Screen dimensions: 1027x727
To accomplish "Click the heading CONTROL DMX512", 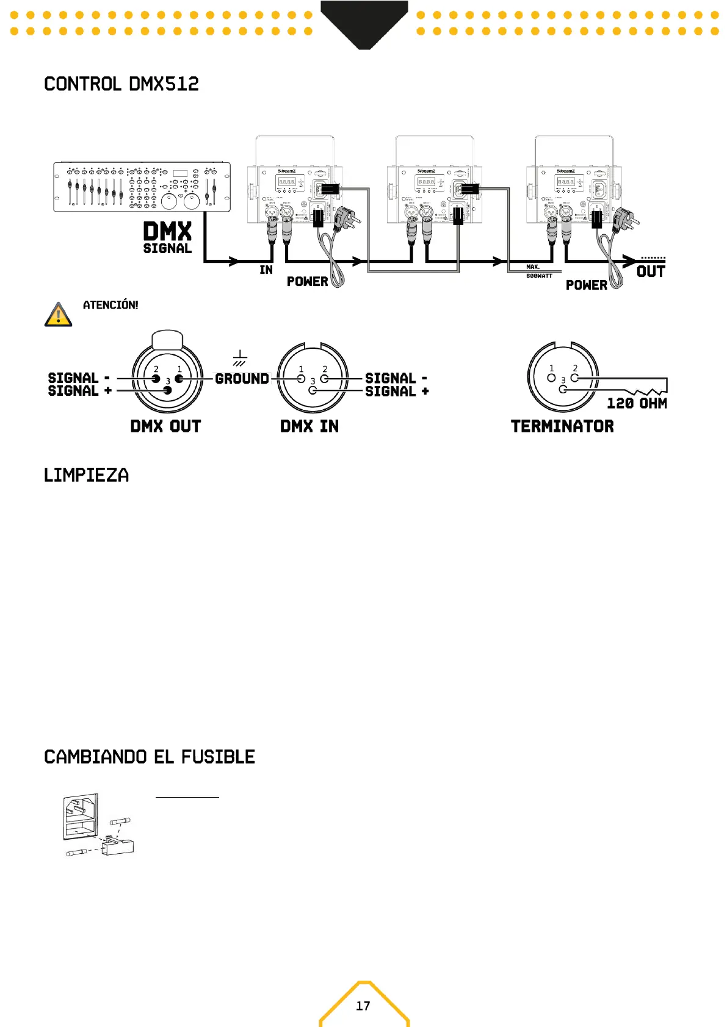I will click(121, 84).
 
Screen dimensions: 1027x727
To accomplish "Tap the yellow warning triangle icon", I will click(58, 315).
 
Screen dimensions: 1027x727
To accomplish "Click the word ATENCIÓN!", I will click(110, 305).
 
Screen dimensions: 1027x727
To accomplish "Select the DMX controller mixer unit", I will click(142, 187).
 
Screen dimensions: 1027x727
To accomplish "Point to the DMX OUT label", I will click(165, 426).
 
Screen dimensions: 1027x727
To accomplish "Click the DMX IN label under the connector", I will click(309, 426).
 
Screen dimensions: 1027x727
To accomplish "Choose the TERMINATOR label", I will click(562, 426).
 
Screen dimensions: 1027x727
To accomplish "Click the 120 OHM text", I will click(637, 403).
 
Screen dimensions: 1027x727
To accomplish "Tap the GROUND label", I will click(242, 379).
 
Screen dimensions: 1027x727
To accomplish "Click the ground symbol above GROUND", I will click(240, 358).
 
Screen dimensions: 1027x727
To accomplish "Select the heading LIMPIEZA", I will click(86, 475).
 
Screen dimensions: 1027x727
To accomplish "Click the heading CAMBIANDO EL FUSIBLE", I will click(150, 757).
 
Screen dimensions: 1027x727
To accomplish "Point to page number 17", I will click(363, 1006).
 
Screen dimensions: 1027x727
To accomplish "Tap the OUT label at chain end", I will click(651, 271).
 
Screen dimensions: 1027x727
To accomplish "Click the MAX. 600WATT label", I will click(538, 271).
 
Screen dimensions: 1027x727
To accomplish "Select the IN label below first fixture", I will click(266, 270).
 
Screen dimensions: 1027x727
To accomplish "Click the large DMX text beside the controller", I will click(167, 232).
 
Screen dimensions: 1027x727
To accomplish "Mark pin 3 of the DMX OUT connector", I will click(168, 390).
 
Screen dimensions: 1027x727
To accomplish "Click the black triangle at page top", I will click(364, 24).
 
